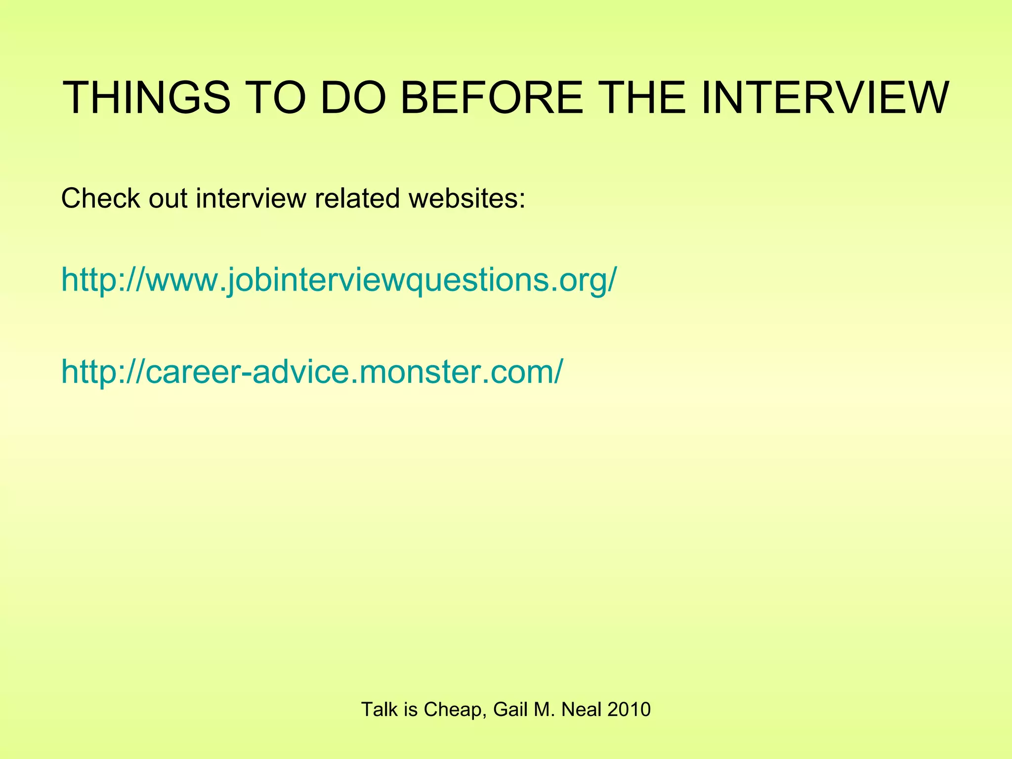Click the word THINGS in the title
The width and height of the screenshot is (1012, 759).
pos(146,98)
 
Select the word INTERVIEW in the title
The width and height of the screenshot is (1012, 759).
pos(824,98)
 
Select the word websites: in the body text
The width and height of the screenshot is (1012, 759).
pos(466,199)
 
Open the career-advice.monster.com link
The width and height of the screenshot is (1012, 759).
pos(311,372)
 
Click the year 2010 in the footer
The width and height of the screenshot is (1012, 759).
pos(629,710)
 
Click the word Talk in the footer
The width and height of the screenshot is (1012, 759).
pos(379,710)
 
